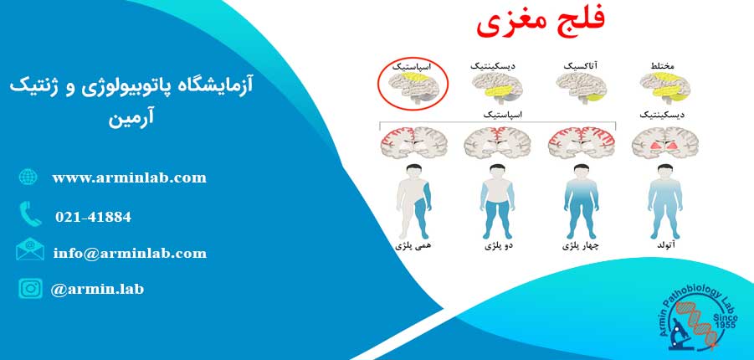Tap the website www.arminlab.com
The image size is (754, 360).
[x=129, y=178]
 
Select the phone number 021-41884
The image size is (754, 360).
[x=93, y=217]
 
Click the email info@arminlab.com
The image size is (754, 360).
[x=130, y=253]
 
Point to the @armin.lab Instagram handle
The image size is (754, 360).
[x=97, y=289]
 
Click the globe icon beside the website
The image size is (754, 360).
[x=28, y=177]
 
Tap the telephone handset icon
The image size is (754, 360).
[x=30, y=214]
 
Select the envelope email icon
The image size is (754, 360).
[x=30, y=249]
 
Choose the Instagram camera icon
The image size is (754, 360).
[x=30, y=288]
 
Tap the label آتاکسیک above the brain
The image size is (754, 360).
[x=582, y=65]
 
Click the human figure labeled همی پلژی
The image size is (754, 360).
[x=413, y=201]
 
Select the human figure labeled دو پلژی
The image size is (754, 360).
[x=497, y=201]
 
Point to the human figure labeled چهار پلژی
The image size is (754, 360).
[x=581, y=201]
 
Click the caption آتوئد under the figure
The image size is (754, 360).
[x=665, y=246]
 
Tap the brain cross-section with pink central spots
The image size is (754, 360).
[x=665, y=143]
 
